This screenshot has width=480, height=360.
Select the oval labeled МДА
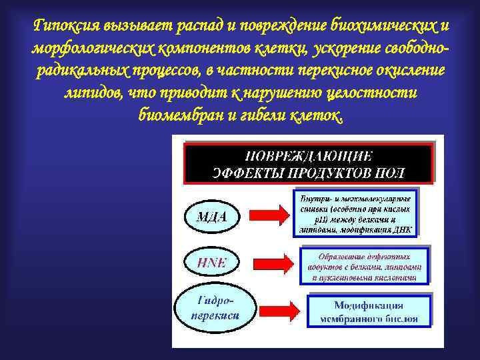pyautogui.click(x=211, y=216)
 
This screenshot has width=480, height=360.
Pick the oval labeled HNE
pyautogui.click(x=211, y=262)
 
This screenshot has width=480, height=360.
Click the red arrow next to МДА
pyautogui.click(x=267, y=215)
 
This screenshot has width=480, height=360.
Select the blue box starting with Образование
pyautogui.click(x=363, y=266)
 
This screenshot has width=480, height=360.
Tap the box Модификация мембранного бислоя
pyautogui.click(x=369, y=311)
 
